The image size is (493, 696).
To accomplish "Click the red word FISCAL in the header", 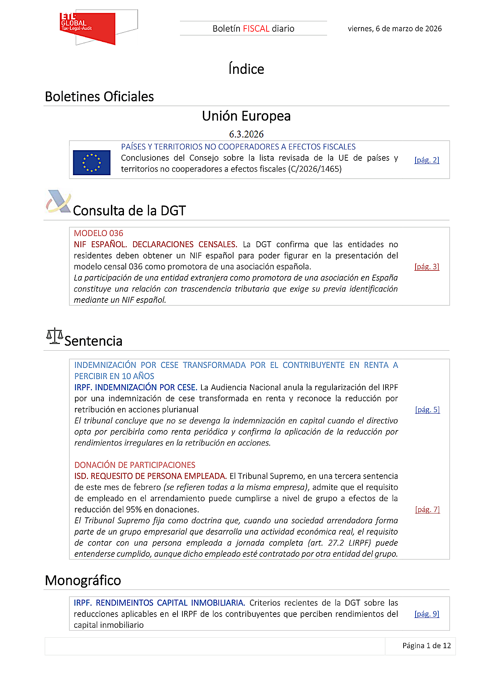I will coord(256,29).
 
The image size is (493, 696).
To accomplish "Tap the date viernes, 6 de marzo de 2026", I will coord(394,29).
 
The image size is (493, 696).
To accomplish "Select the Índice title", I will coord(246,69).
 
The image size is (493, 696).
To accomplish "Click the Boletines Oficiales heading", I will coord(99,97).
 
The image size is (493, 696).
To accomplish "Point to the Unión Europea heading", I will coord(246,116).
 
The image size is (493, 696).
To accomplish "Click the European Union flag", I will coord(92,162).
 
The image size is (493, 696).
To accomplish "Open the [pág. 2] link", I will coord(427,160).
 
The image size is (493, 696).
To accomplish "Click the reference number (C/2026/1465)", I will coord(315,169).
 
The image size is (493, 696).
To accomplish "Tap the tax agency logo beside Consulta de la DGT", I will coord(58,202).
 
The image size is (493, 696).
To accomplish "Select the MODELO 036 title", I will coord(99,233).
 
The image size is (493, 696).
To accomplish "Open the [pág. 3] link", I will coord(427,267).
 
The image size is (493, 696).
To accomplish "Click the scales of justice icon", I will coord(55,336).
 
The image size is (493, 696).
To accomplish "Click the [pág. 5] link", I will coord(428,410).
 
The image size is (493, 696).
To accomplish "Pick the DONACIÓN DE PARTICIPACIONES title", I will coord(135,465).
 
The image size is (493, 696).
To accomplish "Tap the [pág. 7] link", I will coord(428,510).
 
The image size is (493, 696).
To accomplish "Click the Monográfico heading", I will coord(83,581).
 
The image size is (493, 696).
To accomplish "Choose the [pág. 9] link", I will coord(427,614).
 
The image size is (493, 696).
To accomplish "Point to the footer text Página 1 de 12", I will coord(426,646).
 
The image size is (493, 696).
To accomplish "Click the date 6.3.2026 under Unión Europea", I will coord(246,134).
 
